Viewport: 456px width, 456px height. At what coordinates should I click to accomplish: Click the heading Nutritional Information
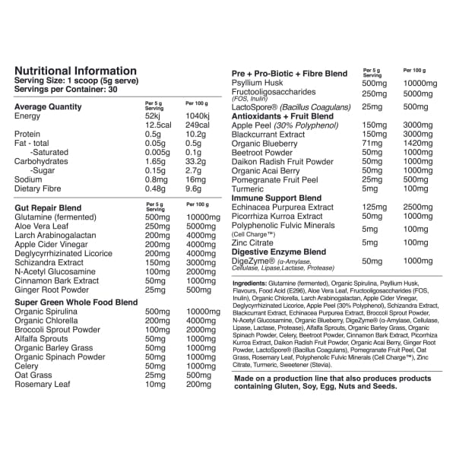point(75,71)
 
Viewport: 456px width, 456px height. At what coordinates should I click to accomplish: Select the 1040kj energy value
point(198,116)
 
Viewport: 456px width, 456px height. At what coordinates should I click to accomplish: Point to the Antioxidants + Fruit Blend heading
point(282,116)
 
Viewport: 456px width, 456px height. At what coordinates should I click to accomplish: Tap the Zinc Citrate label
point(253,242)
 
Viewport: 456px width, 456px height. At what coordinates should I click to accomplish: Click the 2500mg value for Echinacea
point(419,207)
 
